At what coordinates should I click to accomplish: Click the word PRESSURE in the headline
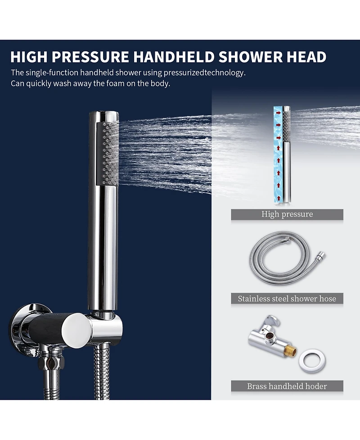click(90, 57)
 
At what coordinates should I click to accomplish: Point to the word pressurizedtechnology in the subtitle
click(204, 73)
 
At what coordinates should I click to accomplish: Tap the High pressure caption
click(287, 214)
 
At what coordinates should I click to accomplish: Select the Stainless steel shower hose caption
click(287, 299)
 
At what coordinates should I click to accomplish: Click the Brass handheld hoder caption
click(287, 386)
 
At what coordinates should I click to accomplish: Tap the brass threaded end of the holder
click(290, 352)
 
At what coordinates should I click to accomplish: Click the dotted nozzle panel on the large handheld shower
click(108, 153)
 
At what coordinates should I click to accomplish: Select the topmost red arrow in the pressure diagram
click(279, 113)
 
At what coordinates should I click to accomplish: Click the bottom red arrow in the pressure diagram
click(279, 198)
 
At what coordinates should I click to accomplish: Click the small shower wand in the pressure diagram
click(286, 154)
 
